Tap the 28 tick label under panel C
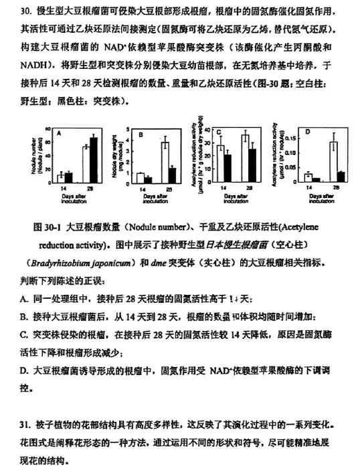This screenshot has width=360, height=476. pyautogui.click(x=249, y=189)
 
